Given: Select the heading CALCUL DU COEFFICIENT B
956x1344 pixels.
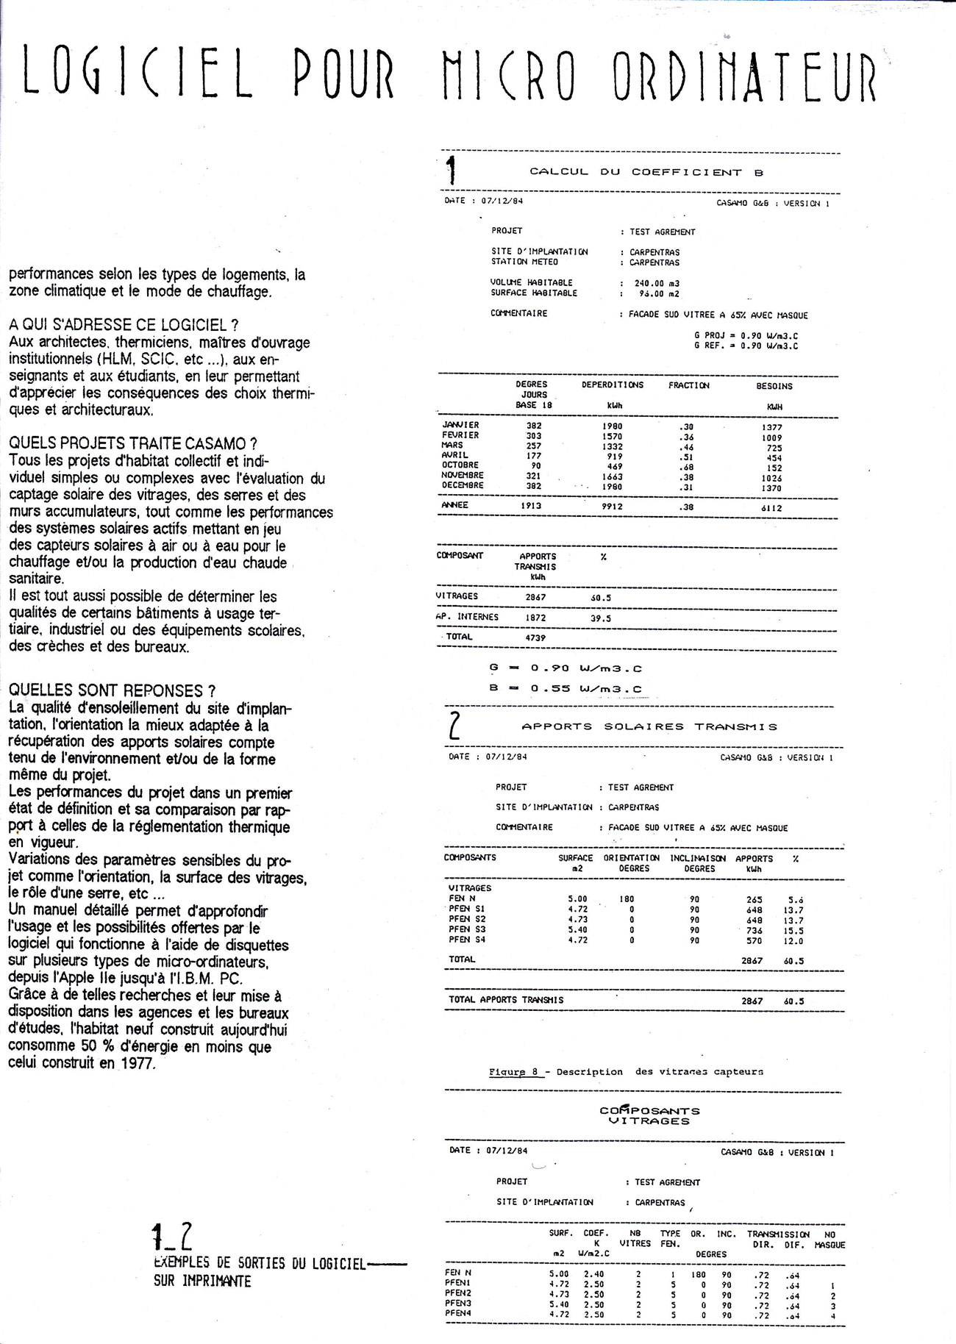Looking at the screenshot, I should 646,172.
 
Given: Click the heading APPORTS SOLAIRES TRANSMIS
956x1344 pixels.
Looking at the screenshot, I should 649,726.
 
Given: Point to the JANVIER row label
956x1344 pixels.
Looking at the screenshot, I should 460,425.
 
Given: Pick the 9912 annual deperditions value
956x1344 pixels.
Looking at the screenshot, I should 612,507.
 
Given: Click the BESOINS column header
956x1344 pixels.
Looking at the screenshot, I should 774,386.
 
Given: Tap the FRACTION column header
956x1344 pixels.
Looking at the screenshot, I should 688,385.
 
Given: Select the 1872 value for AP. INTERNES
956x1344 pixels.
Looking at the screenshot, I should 535,618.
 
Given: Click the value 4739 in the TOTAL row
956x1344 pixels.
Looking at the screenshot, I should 535,637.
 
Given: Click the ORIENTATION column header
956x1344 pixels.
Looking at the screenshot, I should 631,858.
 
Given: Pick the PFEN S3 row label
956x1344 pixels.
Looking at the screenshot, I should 467,930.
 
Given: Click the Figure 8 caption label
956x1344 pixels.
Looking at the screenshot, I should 514,1072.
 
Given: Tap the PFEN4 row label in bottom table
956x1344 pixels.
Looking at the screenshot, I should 458,1314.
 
